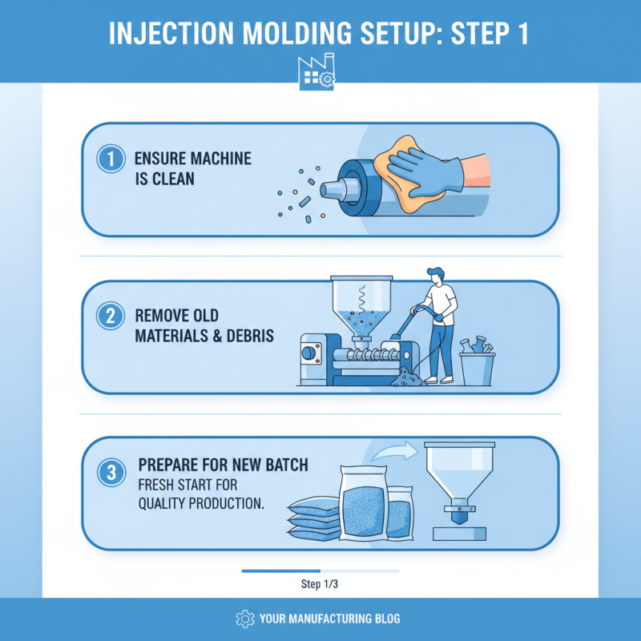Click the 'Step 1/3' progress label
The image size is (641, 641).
coord(320,584)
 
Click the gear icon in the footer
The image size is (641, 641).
coord(244,619)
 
